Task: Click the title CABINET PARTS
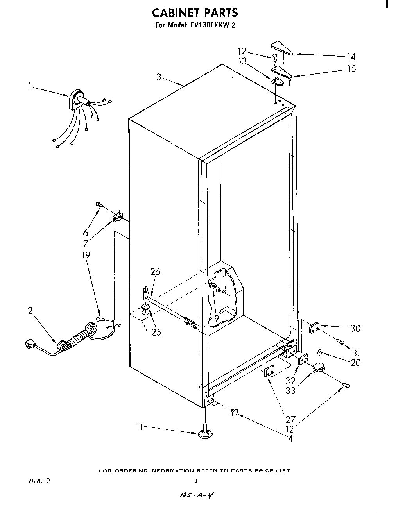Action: [194, 13]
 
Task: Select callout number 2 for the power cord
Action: [30, 311]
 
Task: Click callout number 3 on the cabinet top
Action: [159, 77]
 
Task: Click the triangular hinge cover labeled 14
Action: [281, 48]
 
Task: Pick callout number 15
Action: [351, 69]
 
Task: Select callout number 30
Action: [355, 328]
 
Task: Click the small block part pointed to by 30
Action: [314, 327]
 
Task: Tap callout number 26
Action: [155, 272]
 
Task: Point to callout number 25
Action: [156, 332]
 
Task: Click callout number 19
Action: [86, 255]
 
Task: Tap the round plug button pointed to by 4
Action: [234, 411]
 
